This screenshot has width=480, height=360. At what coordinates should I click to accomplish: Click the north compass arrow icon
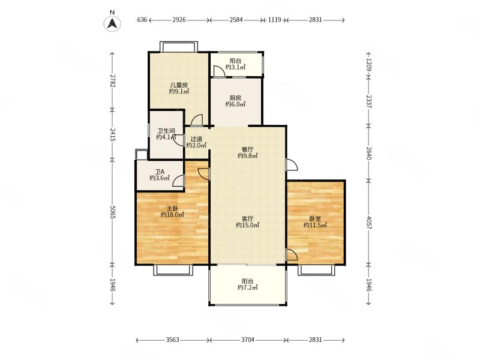click(x=112, y=23)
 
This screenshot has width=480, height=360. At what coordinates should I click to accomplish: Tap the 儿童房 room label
click(x=179, y=85)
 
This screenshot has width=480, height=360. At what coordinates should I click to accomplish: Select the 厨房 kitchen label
click(x=235, y=98)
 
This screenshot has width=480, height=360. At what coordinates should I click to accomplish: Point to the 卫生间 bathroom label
click(x=166, y=131)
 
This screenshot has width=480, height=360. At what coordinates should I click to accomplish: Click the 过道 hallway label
click(x=196, y=139)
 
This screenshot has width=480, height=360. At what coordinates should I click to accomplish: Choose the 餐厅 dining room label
click(x=247, y=149)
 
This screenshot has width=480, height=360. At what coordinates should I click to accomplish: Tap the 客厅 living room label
click(x=247, y=218)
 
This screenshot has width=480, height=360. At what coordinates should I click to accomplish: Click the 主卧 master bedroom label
click(x=172, y=208)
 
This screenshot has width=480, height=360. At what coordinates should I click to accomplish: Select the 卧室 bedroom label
click(x=315, y=219)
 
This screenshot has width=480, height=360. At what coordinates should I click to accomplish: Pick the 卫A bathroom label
click(x=160, y=172)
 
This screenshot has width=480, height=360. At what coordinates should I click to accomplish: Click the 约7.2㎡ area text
click(x=247, y=287)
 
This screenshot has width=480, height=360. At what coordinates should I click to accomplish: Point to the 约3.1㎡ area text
click(x=235, y=67)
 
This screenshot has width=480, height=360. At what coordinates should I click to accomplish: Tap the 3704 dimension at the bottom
click(x=248, y=340)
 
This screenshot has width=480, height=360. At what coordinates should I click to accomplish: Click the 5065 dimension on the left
click(x=112, y=212)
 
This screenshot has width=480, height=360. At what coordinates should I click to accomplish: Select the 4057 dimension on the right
click(x=368, y=223)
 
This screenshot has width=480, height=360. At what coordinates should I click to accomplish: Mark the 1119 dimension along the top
click(x=275, y=20)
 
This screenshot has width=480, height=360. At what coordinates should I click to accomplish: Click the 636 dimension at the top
click(x=142, y=20)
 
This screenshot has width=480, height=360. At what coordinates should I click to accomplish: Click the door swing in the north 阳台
click(x=219, y=70)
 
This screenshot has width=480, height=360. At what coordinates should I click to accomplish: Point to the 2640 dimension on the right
click(x=368, y=153)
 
